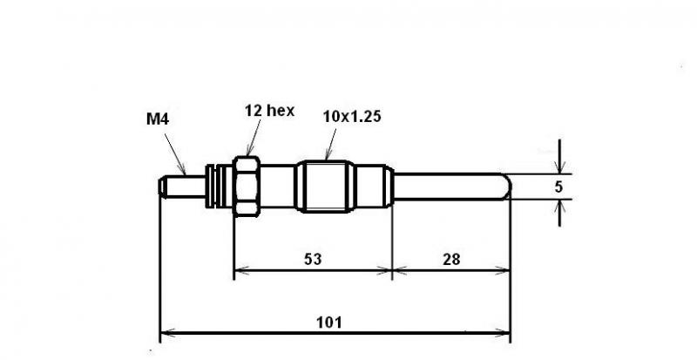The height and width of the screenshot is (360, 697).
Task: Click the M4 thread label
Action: click(158, 119)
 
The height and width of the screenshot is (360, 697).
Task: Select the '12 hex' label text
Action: click(269, 111)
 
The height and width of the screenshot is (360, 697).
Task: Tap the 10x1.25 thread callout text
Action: click(352, 117)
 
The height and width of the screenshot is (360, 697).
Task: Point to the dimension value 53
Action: click(313, 259)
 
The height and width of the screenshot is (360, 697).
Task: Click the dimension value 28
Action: click(451, 259)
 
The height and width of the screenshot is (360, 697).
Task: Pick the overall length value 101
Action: click(329, 323)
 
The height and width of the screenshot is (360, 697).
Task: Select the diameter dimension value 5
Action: click(558, 187)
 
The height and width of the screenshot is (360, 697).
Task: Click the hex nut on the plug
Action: click(247, 187)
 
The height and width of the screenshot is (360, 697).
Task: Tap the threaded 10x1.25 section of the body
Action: click(325, 187)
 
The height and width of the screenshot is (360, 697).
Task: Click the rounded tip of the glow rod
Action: click(507, 187)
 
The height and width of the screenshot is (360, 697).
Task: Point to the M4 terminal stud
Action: click(182, 187)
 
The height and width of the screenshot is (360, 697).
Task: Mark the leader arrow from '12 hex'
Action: click(254, 138)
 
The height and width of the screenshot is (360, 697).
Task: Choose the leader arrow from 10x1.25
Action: click(331, 144)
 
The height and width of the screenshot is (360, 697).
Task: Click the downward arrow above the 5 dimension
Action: click(559, 156)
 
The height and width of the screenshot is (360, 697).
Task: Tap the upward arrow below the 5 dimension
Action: click(559, 214)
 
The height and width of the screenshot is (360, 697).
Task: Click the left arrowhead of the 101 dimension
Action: click(166, 332)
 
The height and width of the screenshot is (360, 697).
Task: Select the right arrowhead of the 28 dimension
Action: click(503, 269)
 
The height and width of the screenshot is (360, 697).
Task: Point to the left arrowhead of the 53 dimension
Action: click(241, 269)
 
